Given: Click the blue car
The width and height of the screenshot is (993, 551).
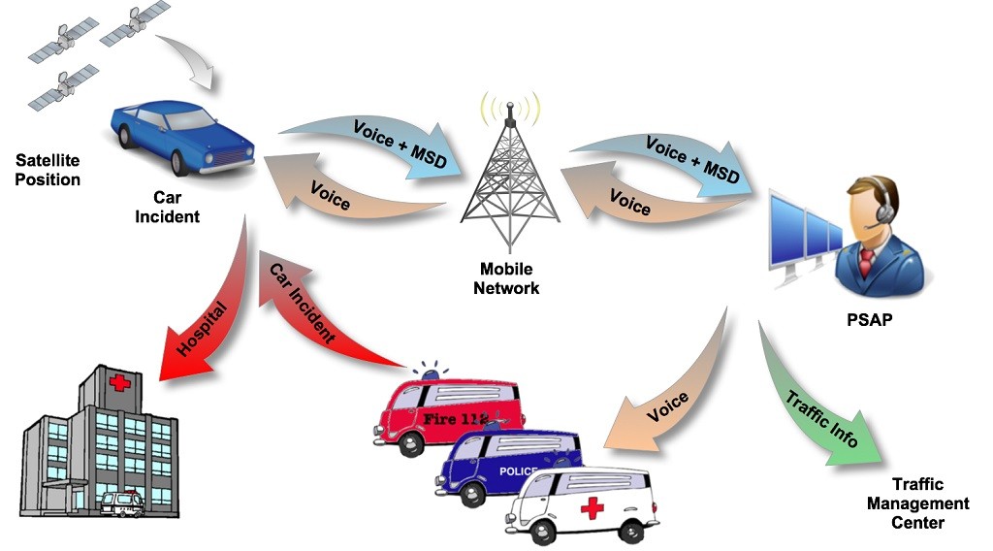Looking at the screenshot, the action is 183,138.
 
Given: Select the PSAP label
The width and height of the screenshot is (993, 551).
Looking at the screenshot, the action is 870,319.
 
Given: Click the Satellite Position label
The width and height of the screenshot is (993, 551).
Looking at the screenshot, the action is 48,170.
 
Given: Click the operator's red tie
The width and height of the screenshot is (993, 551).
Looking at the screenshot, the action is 866,262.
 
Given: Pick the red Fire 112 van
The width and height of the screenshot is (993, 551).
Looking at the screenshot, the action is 448,411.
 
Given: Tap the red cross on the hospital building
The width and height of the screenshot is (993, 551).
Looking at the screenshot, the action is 119,382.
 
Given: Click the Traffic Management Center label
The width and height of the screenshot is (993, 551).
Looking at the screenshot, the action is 917,503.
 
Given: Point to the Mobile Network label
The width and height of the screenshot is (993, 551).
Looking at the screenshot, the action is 506,278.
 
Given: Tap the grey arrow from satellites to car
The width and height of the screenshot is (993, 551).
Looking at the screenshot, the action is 190,60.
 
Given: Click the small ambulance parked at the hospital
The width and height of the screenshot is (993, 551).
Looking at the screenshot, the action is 122,504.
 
